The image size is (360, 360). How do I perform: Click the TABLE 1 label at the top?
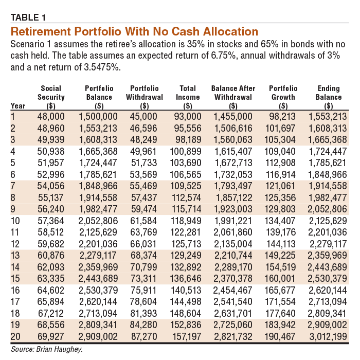pos(28,17)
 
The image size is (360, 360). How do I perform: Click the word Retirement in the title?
pos(41,31)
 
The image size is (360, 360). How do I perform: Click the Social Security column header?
pos(51,97)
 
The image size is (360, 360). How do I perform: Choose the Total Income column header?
pos(188,97)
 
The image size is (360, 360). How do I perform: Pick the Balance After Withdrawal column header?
pos(233,97)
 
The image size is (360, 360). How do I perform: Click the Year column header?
pos(18,106)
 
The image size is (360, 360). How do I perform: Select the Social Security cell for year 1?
pos(51,116)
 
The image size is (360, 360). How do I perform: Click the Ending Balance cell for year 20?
pos(328,336)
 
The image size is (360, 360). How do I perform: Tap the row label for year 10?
pos(15,221)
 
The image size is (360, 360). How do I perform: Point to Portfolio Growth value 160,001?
pos(280,279)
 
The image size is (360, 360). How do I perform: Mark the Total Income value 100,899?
pos(186,152)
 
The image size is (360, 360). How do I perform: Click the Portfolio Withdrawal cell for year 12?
pos(143,244)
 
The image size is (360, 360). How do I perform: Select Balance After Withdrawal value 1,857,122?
pos(234,197)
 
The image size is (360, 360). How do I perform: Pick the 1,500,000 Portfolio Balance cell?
pos(98,116)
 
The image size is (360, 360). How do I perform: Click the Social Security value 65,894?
pos(51,302)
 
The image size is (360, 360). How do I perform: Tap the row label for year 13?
pos(15,256)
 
